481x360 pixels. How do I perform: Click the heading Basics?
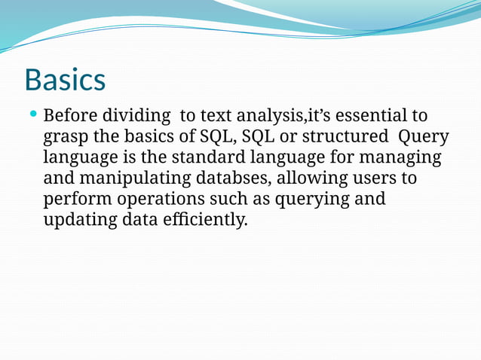64,79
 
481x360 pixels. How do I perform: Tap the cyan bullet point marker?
32,115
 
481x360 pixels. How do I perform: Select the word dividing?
138,117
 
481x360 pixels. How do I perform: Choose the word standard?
207,158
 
